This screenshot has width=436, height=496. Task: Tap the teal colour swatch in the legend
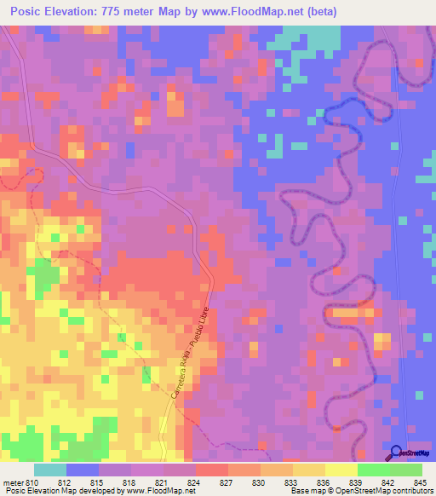click(x=50, y=469)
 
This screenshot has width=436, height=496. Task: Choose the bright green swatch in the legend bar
click(x=373, y=469)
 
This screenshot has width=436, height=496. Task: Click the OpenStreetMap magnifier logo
click(x=398, y=453)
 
